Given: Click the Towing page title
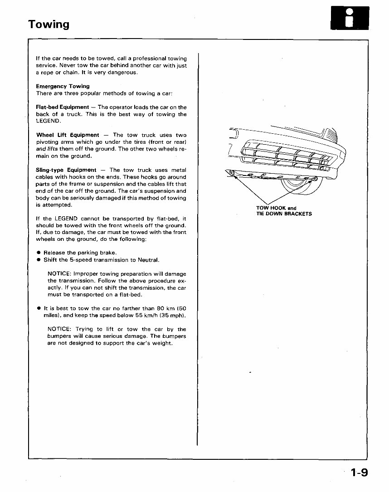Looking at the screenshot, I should tap(49, 24).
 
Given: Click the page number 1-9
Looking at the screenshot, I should tap(359, 474).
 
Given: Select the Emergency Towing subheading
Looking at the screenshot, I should tap(63, 86).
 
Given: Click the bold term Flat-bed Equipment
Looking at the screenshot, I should tap(63, 107).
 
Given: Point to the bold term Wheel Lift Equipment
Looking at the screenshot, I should tap(68, 135).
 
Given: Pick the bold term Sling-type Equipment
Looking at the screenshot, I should tap(66, 170).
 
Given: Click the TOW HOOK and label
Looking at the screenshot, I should tap(276, 209).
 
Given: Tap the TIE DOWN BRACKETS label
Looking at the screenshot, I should tap(284, 214).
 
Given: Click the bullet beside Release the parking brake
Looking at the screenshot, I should tap(39, 253).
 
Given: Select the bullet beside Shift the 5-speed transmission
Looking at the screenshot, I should tap(39, 260).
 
